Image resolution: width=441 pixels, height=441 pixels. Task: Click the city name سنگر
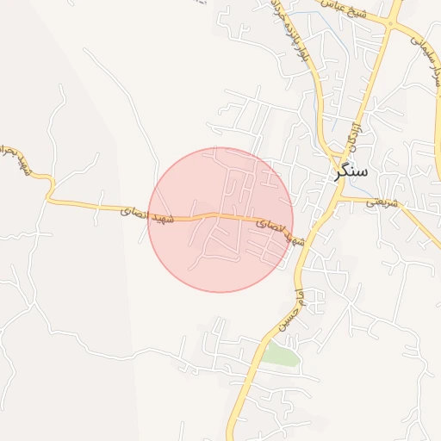[351, 172]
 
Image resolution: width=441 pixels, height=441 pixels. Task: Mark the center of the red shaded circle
[220, 220]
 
